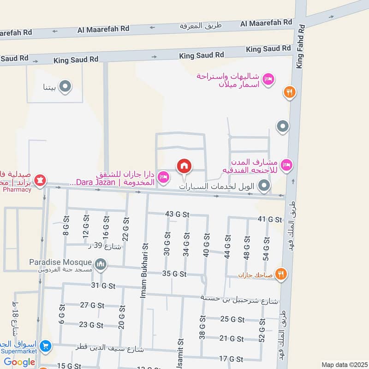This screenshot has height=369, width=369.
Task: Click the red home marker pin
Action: (x=184, y=166)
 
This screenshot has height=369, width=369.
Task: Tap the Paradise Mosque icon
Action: (x=101, y=265)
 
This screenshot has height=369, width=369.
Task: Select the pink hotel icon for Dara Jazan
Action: (x=163, y=177)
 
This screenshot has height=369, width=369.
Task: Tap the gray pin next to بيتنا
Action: (x=65, y=86)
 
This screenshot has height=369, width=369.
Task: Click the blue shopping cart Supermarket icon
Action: (x=45, y=345)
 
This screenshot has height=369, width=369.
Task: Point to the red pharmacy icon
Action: (x=40, y=180)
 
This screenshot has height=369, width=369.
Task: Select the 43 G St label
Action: (x=177, y=214)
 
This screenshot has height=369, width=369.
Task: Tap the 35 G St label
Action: (x=174, y=274)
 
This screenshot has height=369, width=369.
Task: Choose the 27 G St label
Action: (x=91, y=305)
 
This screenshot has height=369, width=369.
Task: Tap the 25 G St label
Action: (x=232, y=319)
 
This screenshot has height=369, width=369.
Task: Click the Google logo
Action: (x=20, y=362)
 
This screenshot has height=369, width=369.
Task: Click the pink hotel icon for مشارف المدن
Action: (x=287, y=165)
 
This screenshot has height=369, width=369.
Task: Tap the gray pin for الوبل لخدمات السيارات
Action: (x=264, y=186)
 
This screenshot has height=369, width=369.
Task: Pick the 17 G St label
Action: (x=231, y=358)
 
